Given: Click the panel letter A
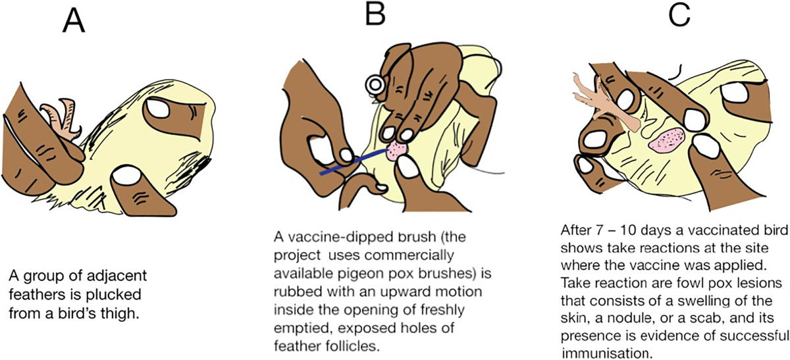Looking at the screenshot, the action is click(x=74, y=22).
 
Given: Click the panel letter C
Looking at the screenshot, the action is click(x=679, y=16).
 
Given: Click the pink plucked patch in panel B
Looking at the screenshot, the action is click(x=398, y=151).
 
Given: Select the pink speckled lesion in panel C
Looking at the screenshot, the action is click(x=666, y=140).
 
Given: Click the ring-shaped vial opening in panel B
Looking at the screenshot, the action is click(x=374, y=84).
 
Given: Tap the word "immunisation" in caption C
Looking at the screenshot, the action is click(x=605, y=353).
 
